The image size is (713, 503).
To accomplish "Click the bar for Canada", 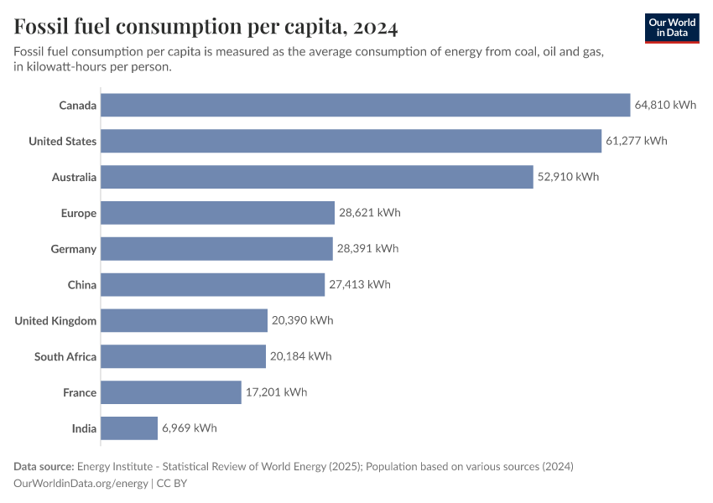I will click(365, 105).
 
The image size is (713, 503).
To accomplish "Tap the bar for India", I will click(129, 428).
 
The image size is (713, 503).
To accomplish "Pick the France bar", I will click(171, 392).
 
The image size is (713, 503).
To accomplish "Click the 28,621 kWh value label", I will click(370, 213).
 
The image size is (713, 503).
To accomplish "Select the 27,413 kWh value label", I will click(360, 284).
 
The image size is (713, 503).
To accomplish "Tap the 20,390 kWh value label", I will click(302, 320).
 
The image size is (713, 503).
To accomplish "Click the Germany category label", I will click(74, 249).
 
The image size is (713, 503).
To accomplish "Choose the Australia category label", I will click(74, 177).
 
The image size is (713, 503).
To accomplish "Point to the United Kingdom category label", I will click(55, 320).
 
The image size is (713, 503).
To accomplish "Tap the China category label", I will click(82, 284).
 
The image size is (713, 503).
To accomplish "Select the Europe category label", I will click(79, 213).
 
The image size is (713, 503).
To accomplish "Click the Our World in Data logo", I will click(672, 28).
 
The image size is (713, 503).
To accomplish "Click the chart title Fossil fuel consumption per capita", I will click(206, 27).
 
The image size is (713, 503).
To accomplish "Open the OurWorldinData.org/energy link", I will click(81, 484).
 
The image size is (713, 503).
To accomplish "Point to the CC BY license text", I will click(175, 484).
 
